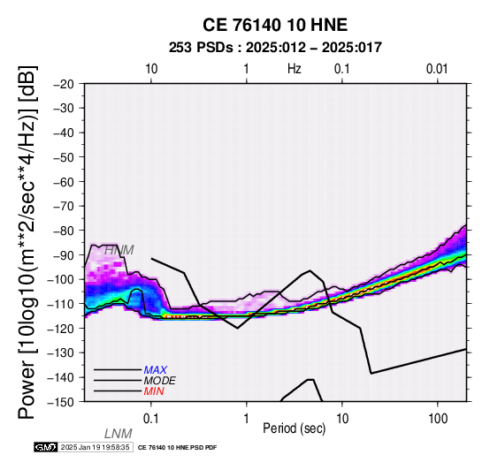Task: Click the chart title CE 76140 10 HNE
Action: [275, 25]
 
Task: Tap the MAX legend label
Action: [156, 370]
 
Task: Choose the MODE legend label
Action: [160, 381]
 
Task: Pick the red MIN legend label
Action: [154, 391]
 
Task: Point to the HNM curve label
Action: [119, 250]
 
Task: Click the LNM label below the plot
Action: [119, 434]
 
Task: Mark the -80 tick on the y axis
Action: [64, 231]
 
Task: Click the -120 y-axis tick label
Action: [61, 329]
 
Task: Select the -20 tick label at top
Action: [64, 84]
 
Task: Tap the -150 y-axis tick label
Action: [61, 402]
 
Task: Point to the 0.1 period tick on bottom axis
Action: [150, 419]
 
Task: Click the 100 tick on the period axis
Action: [438, 419]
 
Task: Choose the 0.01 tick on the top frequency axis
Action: [437, 69]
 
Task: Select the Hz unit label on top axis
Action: [295, 69]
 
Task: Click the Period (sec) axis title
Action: [295, 428]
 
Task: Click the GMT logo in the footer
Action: [46, 447]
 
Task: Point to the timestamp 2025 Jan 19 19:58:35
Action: [96, 447]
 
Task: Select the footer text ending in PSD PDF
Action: [177, 448]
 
